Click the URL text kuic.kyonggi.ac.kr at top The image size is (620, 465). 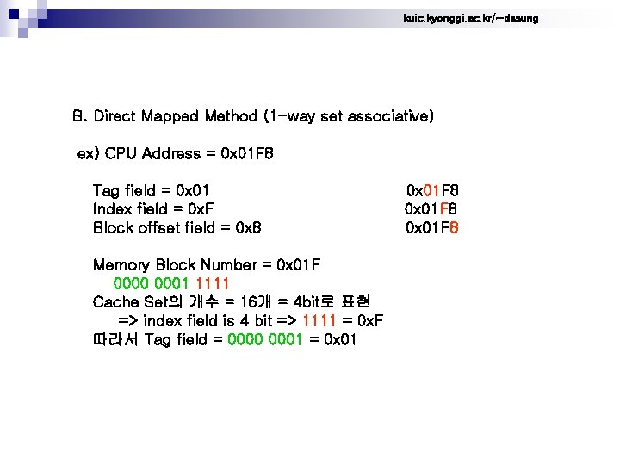pos(470,18)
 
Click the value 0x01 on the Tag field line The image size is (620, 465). pos(193,190)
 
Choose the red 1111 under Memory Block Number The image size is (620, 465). pos(213,283)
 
